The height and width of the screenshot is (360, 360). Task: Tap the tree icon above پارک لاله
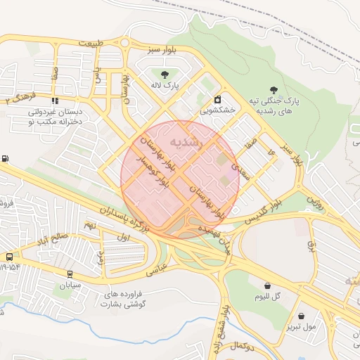pos(165,73)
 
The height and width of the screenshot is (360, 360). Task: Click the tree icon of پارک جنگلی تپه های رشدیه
pos(274,89)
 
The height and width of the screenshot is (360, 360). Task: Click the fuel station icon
pos(6,159)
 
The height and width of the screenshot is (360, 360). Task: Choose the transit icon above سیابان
pos(70,274)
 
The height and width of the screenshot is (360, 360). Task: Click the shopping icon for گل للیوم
pos(268,285)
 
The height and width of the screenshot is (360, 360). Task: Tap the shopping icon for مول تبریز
pos(302,316)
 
